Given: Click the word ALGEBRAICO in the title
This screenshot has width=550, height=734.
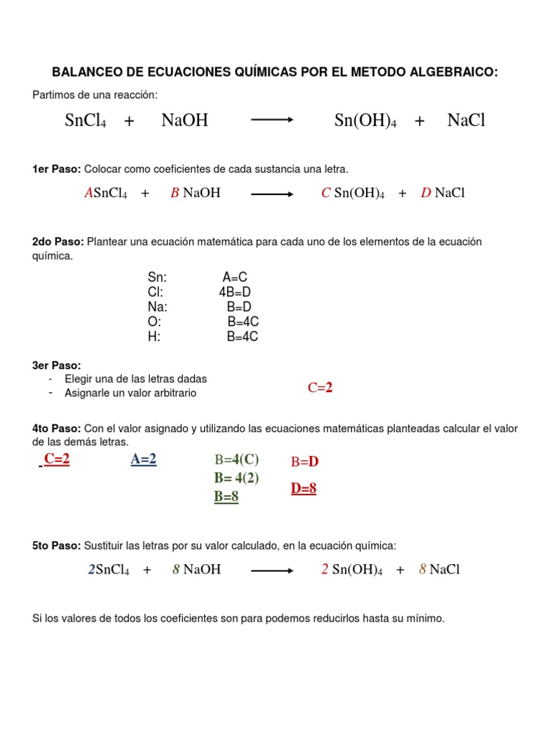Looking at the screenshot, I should pos(456,72).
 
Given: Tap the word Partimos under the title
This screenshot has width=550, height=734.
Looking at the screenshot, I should pos(53,95).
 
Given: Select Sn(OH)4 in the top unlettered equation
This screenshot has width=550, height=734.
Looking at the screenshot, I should pos(365,120).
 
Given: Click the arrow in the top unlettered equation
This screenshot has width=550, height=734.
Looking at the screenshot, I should pos(272,120).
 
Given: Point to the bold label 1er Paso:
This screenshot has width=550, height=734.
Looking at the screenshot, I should pos(57,169).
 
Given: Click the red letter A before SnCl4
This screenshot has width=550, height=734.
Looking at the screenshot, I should pos(89,193).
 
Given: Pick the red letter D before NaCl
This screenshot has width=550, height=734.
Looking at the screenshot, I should pos(425,193).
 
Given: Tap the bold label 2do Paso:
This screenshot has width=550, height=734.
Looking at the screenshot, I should pos(58,242).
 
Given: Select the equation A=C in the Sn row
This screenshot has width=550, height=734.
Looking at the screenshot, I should pos(235,277).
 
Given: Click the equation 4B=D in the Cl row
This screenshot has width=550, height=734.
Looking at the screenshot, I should pos(235,292).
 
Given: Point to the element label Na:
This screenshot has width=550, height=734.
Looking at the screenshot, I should pos(158,308).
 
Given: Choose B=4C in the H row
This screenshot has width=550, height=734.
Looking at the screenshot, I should pos(242,338).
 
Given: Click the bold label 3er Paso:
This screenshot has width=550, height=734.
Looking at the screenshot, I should pos(57,366).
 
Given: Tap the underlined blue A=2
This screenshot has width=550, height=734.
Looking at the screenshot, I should pos(143,459).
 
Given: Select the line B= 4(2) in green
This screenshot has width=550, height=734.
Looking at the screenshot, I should pos(236,478).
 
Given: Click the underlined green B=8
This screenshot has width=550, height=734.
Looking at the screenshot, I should pos(226,497).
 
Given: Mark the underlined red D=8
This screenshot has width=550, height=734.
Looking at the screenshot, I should pos(304,489).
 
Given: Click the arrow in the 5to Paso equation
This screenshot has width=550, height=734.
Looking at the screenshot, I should pos(272,571).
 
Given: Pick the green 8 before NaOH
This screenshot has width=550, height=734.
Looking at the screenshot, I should pos(175,570).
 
